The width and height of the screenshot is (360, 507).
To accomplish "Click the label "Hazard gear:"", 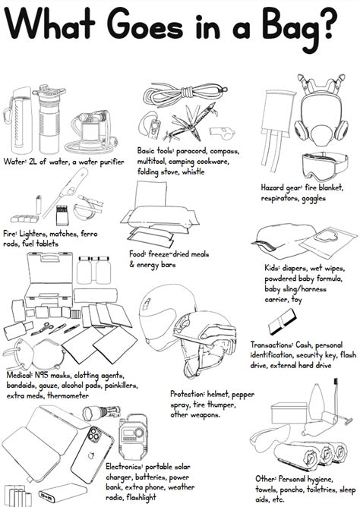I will coord(283,186).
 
